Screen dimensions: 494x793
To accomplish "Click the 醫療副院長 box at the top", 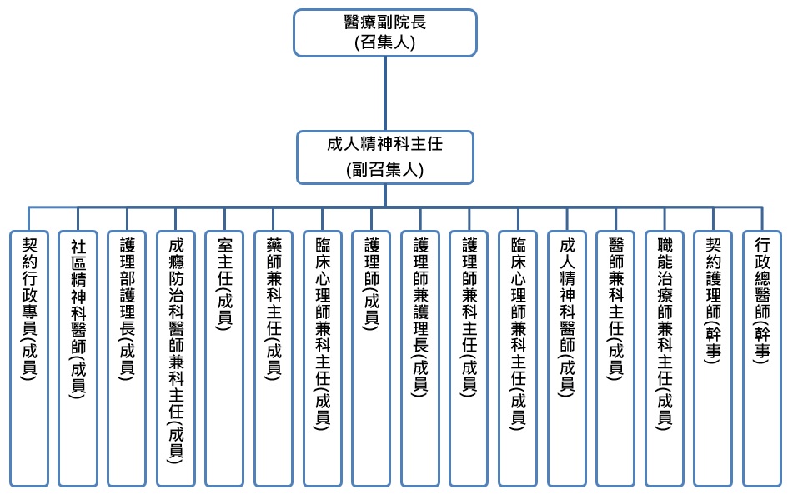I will (x=384, y=32).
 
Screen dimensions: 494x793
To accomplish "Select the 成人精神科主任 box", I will (x=384, y=157).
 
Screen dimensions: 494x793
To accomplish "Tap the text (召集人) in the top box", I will (x=384, y=42).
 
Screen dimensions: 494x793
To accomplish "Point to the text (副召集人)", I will (x=384, y=170).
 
